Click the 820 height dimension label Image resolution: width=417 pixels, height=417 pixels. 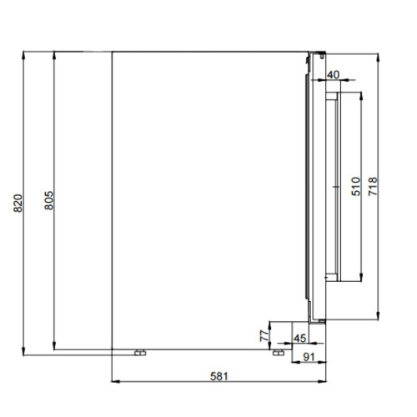pyautogui.click(x=18, y=203)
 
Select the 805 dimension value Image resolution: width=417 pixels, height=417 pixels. pyautogui.click(x=49, y=200)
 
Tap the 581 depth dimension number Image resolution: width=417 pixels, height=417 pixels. pyautogui.click(x=219, y=376)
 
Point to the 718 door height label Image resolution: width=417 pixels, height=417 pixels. pyautogui.click(x=373, y=186)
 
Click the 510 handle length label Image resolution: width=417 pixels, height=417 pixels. pyautogui.click(x=356, y=186)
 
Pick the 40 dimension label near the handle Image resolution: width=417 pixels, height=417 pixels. pyautogui.click(x=333, y=74)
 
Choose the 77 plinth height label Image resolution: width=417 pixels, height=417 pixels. pyautogui.click(x=264, y=336)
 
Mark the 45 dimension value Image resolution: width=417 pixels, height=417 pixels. pyautogui.click(x=300, y=339)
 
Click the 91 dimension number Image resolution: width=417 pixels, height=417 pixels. pyautogui.click(x=309, y=357)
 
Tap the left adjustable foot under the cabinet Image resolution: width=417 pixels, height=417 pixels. pyautogui.click(x=140, y=353)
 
